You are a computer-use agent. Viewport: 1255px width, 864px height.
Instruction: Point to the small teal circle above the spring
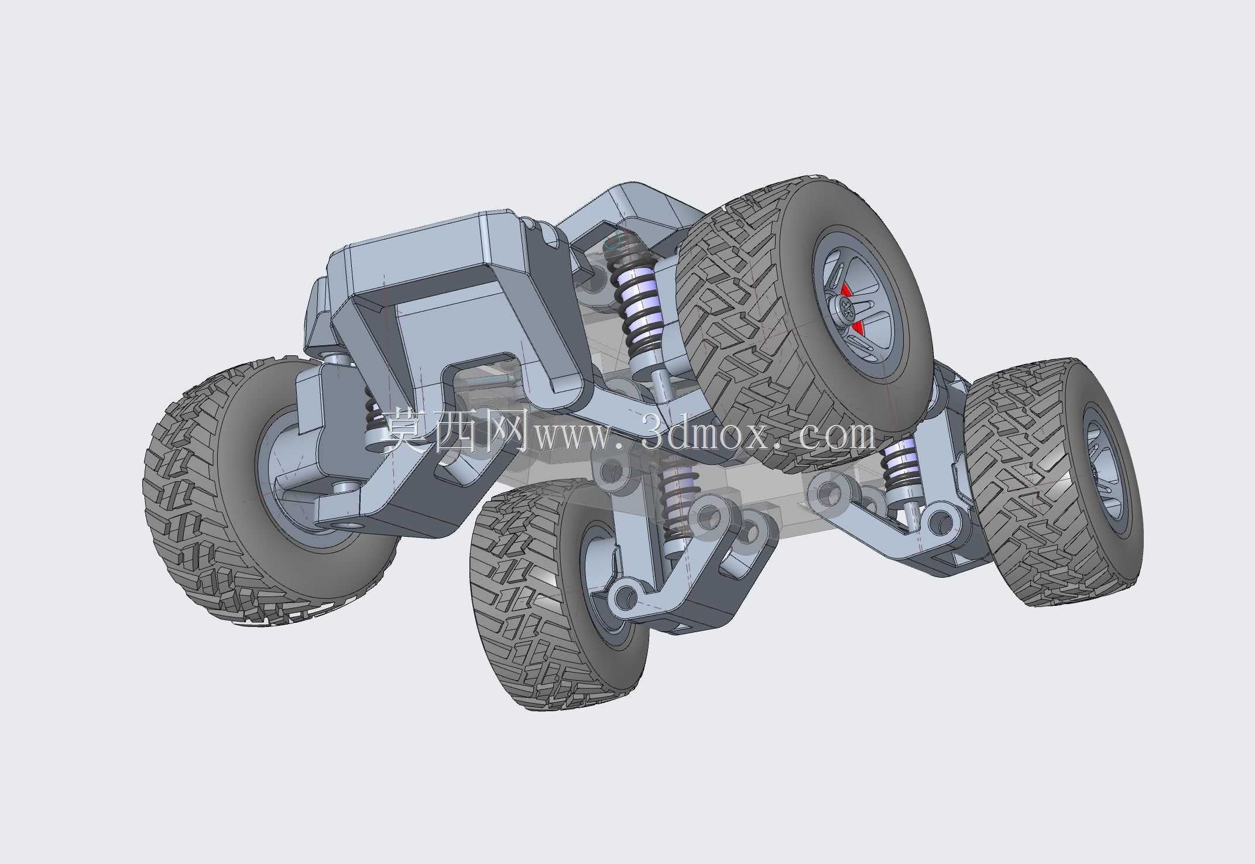coord(611,242)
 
